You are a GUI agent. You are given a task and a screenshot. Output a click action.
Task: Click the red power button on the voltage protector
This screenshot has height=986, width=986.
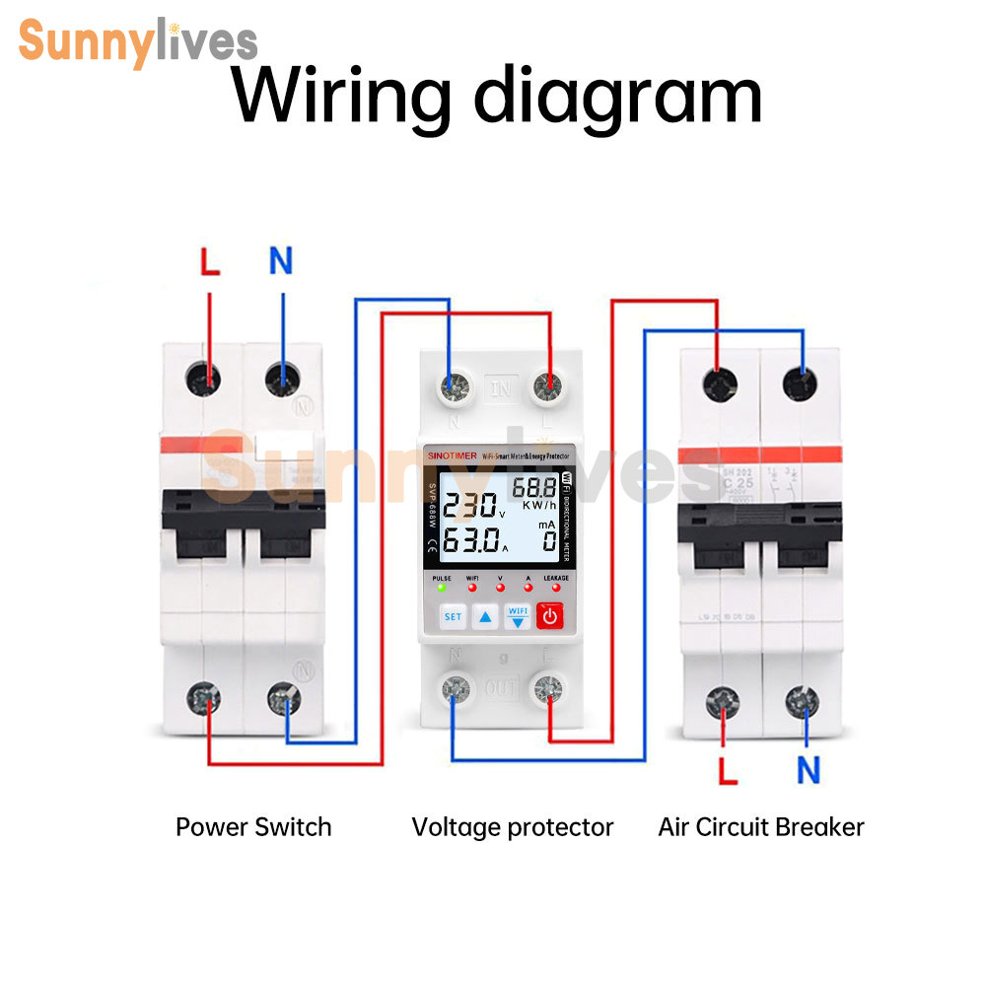pos(549,617)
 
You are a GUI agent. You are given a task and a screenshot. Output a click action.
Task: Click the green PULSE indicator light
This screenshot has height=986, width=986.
pos(442,588)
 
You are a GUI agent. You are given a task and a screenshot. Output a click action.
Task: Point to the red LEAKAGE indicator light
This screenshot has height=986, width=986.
pos(556,588)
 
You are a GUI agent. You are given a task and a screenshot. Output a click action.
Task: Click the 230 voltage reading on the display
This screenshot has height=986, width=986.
pos(469,507)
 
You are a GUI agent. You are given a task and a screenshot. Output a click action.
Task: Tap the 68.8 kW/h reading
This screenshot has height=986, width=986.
pos(533,487)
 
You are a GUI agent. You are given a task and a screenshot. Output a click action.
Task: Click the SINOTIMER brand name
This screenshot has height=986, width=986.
pos(451,455)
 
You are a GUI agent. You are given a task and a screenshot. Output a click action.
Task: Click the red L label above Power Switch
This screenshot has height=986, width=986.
pos(209,262)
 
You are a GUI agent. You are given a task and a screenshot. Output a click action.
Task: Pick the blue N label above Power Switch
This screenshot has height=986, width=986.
pos(281,261)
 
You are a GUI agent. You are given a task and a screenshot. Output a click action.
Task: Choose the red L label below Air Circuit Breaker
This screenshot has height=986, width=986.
pos(728,770)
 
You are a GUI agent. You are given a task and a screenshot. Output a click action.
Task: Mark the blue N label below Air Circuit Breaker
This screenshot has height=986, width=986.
pos(809,770)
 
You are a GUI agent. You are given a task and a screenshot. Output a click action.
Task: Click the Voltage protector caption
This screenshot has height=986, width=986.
pos(513,827)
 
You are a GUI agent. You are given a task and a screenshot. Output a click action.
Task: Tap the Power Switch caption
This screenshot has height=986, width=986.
pos(253,827)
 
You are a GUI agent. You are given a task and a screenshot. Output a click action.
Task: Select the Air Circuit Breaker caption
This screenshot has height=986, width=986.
pos(761,827)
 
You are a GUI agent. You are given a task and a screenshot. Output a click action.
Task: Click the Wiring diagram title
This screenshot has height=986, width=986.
pos(497,97)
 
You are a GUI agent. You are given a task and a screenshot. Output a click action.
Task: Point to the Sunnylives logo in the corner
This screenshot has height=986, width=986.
pos(138,41)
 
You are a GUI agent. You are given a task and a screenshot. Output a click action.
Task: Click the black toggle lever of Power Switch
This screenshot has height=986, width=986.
pos(244,528)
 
